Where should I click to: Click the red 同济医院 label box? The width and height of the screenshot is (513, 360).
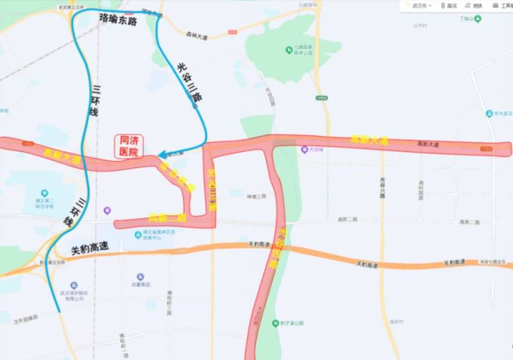click(x=129, y=146)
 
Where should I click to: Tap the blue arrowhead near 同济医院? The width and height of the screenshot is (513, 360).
click(x=162, y=155)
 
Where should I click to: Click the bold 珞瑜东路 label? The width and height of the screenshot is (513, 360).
click(x=119, y=20)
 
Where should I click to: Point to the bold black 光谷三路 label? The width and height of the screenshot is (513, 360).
click(x=190, y=81)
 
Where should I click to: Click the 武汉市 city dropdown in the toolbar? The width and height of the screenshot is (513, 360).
click(x=421, y=6)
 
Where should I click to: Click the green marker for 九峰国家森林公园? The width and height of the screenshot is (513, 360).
click(x=290, y=49)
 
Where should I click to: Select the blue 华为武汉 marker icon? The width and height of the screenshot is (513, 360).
click(x=489, y=113)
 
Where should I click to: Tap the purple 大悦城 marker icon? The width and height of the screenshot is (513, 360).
click(x=305, y=150)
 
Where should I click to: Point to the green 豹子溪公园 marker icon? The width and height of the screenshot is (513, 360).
click(x=275, y=323)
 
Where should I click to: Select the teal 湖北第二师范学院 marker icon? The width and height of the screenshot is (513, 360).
click(x=44, y=193)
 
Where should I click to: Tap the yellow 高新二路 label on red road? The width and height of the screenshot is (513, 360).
click(x=167, y=218)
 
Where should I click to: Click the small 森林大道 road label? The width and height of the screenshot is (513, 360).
click(x=197, y=36)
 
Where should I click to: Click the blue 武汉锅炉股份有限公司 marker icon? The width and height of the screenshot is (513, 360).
click(x=74, y=285)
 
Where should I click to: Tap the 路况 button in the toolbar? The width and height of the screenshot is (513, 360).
click(x=449, y=6)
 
